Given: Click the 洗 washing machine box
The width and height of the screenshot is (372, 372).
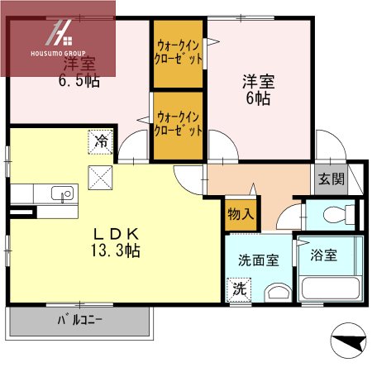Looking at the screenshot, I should (238, 289).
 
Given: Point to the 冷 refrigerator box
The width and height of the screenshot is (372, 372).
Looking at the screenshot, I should (100, 141).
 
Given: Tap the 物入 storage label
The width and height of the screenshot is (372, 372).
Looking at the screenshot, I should (240, 214).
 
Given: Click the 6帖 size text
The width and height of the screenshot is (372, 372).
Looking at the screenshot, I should (258, 98).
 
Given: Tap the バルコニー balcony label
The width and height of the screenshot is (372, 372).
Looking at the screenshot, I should (79, 319).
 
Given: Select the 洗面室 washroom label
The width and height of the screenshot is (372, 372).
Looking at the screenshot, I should (258, 260).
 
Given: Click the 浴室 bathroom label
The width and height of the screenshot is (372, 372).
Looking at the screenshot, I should (324, 255).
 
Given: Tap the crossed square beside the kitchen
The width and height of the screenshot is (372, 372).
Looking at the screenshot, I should (100, 176).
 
